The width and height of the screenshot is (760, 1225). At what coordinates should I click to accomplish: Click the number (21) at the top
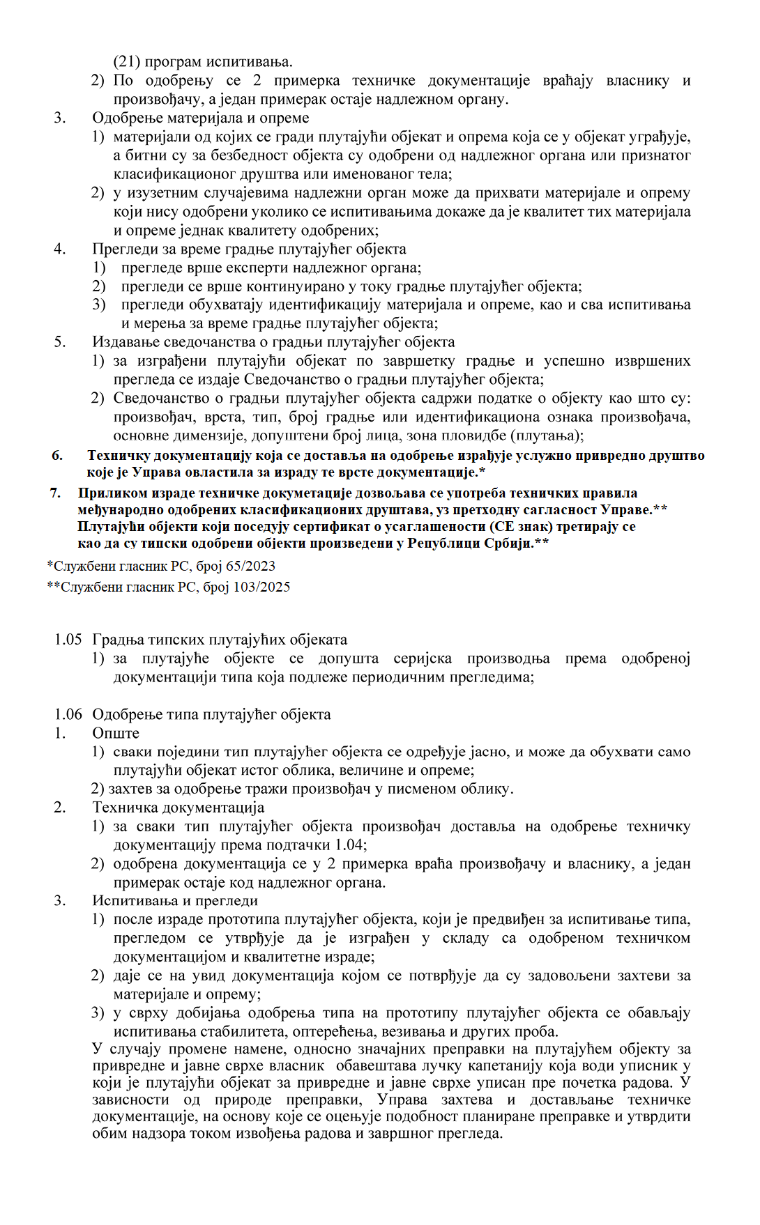126,62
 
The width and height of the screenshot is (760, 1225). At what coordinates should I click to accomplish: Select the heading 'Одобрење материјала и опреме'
201,118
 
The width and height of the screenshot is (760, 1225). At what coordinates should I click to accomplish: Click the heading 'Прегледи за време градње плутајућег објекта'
249,249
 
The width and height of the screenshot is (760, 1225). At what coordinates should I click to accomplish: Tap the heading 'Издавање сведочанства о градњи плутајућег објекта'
273,342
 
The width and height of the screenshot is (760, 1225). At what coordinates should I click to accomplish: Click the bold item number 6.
57,456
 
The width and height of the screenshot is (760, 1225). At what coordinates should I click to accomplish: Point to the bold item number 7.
56,493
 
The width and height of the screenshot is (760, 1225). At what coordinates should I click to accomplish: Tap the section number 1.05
68,640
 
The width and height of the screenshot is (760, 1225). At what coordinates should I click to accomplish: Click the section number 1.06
68,715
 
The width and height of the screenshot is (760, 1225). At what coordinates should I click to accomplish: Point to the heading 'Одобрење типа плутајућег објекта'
211,715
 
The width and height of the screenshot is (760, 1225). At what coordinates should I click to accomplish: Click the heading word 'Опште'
116,734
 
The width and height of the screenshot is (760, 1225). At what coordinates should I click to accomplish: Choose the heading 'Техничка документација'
178,808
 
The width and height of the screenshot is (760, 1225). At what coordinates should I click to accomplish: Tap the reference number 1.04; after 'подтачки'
351,846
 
